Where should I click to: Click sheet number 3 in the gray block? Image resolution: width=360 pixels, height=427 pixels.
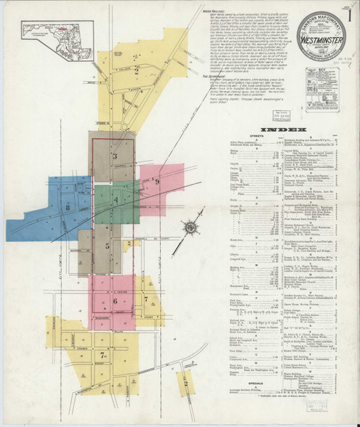click(x=115, y=155)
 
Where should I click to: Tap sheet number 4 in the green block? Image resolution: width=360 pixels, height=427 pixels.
click(x=115, y=201)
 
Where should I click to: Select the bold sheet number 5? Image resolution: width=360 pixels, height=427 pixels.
click(x=107, y=246)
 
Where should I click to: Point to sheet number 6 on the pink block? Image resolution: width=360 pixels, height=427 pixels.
click(x=115, y=301)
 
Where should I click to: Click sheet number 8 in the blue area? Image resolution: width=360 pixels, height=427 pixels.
click(x=68, y=207)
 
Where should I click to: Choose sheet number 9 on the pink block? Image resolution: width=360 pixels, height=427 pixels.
click(x=157, y=182)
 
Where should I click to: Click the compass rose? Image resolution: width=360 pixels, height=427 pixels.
click(x=190, y=228)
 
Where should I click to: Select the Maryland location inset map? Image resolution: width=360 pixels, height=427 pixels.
click(x=55, y=34)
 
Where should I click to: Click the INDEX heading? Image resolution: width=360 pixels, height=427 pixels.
click(x=283, y=130)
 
